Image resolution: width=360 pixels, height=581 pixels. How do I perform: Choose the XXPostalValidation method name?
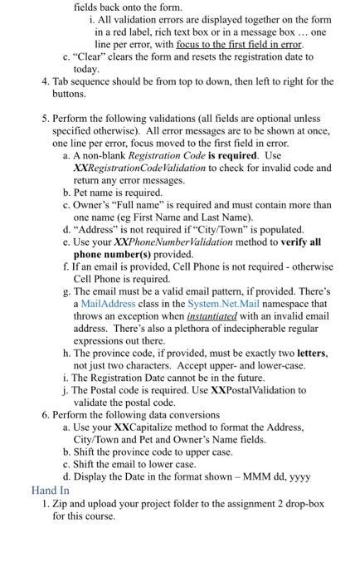click(258, 390)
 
